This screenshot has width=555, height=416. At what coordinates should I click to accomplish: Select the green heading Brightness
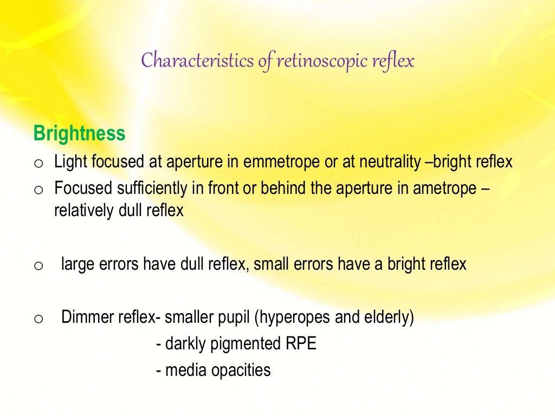pos(79,133)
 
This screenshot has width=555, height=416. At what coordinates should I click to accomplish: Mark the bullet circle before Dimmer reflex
pos(38,319)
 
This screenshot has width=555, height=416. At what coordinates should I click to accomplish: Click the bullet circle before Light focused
pos(38,163)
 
